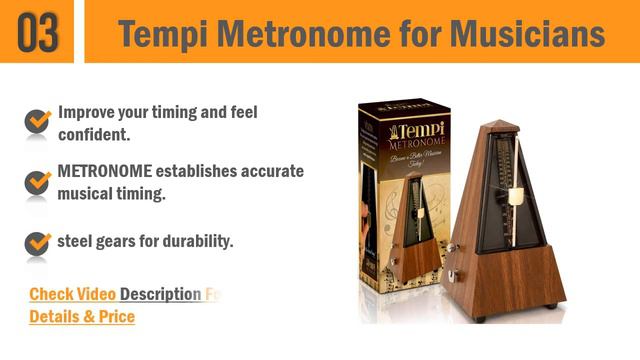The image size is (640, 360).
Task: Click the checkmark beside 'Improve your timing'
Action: (x=38, y=121)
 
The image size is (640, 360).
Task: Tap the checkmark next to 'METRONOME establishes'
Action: (x=38, y=181)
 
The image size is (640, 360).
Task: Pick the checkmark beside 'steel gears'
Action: (x=38, y=242)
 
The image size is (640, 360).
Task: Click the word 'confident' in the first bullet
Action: (x=94, y=134)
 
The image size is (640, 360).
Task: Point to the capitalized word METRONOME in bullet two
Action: (x=110, y=171)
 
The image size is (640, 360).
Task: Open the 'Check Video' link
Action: (x=72, y=294)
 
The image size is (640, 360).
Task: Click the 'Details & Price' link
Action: (x=81, y=317)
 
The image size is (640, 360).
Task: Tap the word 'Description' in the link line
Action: (x=161, y=294)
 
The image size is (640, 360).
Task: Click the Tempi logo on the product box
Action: (x=405, y=131)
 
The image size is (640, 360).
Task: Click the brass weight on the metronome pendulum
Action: (x=516, y=197)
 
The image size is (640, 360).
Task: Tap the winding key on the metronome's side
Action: (x=451, y=247)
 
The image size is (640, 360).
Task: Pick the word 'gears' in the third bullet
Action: (x=119, y=241)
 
